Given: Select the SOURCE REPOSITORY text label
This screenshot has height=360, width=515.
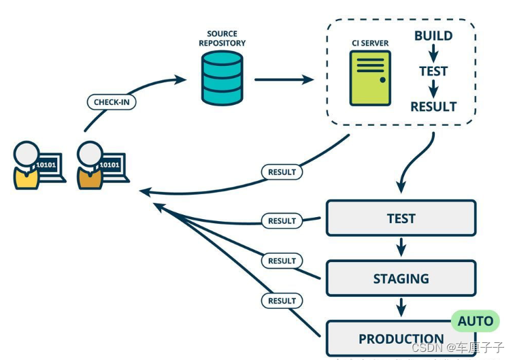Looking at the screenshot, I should [x=222, y=38].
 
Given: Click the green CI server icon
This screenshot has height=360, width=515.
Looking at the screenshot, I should [x=369, y=78].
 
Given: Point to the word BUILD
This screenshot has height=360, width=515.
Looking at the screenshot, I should [x=433, y=35].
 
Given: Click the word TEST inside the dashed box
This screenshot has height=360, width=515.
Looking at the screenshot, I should [x=433, y=71].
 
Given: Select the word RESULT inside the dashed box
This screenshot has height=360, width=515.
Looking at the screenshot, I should [x=433, y=106].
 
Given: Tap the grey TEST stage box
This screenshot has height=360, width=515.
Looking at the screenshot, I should [x=401, y=218].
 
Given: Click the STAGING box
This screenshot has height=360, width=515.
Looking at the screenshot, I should [x=401, y=278].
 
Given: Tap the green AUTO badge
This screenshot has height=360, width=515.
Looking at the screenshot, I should [x=475, y=321].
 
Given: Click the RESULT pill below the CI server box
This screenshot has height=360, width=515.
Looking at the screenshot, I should [x=282, y=172].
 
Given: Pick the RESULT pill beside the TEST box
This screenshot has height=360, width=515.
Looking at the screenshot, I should [x=282, y=220].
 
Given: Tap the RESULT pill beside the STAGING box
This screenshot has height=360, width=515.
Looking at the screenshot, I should [x=282, y=261].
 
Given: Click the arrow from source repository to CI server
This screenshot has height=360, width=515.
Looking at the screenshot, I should [x=284, y=80].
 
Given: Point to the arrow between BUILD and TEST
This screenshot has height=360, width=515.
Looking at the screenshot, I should [x=433, y=53].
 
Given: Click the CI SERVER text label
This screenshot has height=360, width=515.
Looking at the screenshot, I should [x=370, y=44].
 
